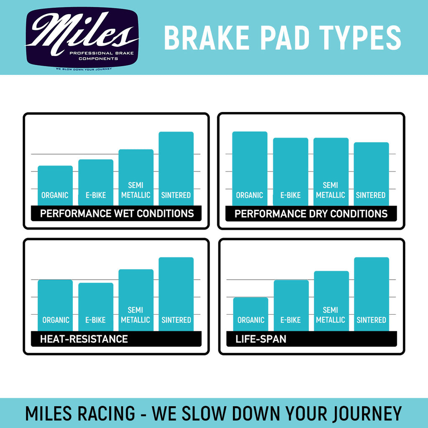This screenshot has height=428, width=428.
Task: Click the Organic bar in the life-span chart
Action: tap(250, 314)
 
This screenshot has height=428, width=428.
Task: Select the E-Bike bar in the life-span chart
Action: tap(291, 305)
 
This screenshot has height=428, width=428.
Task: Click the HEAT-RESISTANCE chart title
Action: tap(84, 339)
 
